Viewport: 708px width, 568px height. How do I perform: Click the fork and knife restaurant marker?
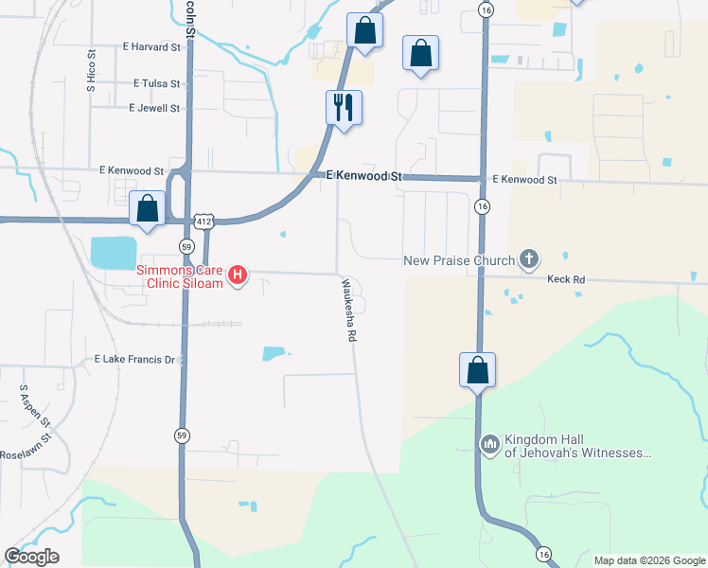click(344, 106)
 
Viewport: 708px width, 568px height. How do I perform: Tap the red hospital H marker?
click(239, 275)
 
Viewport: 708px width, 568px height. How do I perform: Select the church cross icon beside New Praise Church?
click(529, 259)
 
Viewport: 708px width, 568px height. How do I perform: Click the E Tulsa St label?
click(157, 83)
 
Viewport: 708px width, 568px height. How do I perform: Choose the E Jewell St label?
click(154, 108)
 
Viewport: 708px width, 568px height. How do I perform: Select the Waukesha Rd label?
click(349, 310)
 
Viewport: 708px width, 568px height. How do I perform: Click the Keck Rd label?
click(566, 279)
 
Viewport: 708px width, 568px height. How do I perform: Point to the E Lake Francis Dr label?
click(136, 360)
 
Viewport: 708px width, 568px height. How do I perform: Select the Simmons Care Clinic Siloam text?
click(180, 275)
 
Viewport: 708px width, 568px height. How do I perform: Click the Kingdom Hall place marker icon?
click(490, 443)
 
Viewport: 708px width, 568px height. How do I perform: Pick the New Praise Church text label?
click(458, 260)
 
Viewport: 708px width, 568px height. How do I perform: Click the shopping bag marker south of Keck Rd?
click(478, 370)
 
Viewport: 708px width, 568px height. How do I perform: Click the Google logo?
click(31, 557)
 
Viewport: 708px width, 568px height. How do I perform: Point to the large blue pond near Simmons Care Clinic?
click(114, 253)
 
